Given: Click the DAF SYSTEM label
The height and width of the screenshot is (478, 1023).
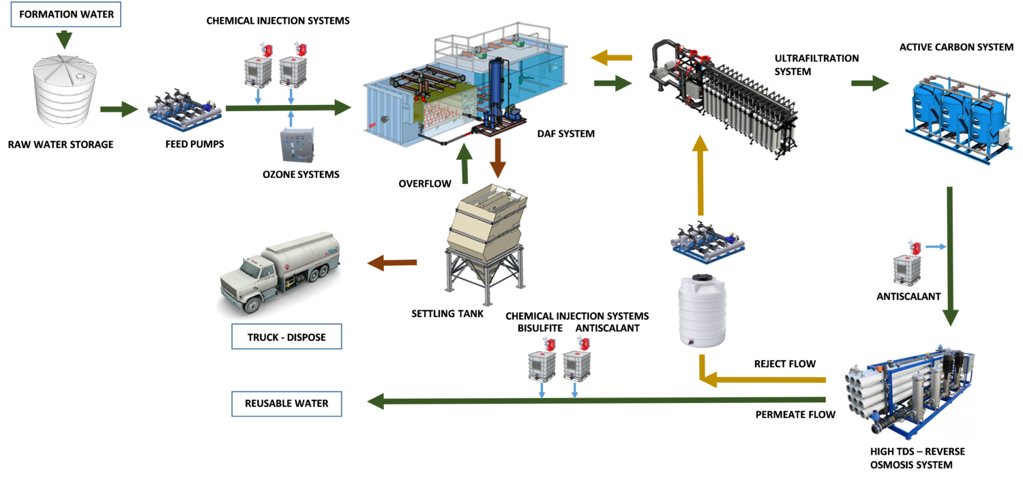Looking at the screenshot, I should [x=565, y=134].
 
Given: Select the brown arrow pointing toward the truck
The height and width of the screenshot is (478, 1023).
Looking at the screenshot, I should [x=392, y=263].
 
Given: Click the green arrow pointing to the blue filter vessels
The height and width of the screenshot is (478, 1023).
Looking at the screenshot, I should [x=870, y=83].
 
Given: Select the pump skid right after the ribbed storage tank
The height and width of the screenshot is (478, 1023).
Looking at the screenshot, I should [x=184, y=110].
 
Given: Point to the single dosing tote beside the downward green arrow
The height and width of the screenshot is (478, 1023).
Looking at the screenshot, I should [x=906, y=266].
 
